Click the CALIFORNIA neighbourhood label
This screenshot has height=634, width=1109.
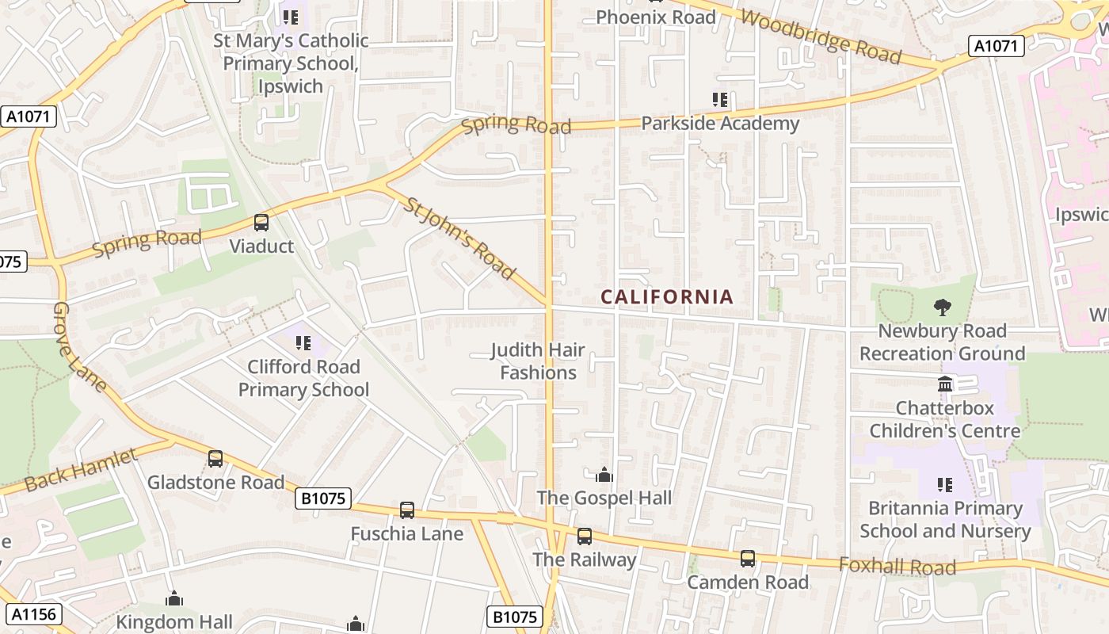(667, 297)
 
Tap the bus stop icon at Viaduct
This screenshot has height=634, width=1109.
(261, 223)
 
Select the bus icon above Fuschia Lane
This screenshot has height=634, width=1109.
(407, 510)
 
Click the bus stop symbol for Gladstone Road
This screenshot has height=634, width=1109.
(215, 458)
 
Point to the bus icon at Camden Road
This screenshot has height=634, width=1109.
(748, 559)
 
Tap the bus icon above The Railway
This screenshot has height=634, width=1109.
(585, 537)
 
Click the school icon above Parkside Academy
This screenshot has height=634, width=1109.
(719, 100)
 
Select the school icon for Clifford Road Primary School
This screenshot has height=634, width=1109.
(303, 343)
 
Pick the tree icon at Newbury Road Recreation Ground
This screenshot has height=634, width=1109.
(942, 307)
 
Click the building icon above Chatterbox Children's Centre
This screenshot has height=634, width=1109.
(945, 384)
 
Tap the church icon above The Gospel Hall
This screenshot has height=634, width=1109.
(604, 475)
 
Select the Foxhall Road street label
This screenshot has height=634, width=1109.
(897, 566)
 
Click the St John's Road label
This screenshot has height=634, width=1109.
(459, 239)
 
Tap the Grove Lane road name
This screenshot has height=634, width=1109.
(80, 347)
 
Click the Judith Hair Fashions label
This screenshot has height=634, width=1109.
(538, 361)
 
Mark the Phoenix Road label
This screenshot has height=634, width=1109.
(655, 17)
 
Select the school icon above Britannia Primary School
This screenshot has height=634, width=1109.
(944, 484)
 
